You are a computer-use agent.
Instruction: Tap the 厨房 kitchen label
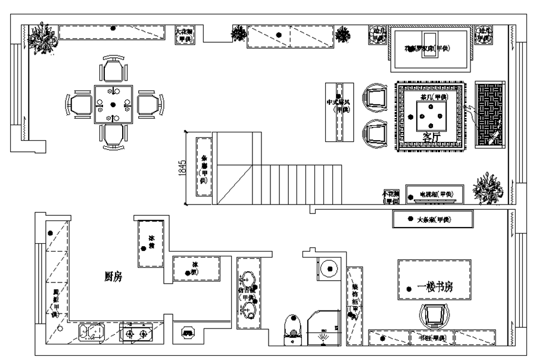click(x=113, y=277)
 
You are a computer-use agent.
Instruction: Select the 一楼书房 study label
click(x=435, y=287)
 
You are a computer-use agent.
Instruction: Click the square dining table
click(x=113, y=104)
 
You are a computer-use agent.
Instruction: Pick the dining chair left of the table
click(x=80, y=104)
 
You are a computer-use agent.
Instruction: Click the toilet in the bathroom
click(x=292, y=331)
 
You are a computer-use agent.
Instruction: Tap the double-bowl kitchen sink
click(x=91, y=332)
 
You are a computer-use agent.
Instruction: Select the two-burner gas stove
click(x=136, y=332)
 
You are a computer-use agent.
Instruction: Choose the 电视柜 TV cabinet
click(x=434, y=194)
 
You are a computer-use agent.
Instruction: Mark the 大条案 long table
click(x=434, y=219)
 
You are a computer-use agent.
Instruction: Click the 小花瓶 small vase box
click(x=391, y=197)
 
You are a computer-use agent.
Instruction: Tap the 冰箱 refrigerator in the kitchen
click(x=150, y=244)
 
